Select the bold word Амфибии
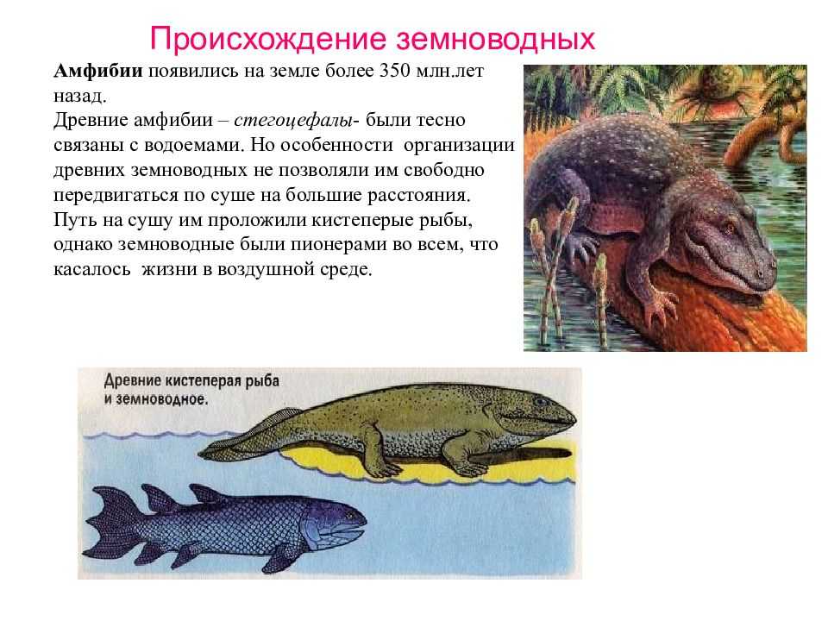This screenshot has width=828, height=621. point(98,71)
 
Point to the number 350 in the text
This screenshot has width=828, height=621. point(394,71)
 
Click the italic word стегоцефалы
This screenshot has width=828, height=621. point(293,121)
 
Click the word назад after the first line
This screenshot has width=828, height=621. point(79,96)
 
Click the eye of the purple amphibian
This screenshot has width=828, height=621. point(730,229)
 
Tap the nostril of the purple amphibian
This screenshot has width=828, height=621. point(759,274)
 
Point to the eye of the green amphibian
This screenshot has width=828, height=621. point(539,402)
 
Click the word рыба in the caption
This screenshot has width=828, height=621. point(261,381)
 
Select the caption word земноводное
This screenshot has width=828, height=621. point(161,399)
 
